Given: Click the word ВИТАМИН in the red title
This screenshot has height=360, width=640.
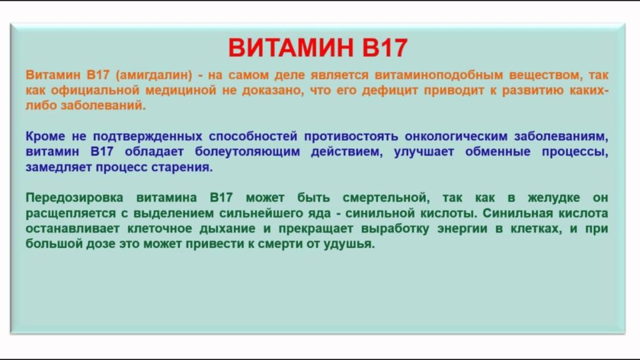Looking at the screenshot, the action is click(291, 47).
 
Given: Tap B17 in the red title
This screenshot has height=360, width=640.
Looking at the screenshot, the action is click(385, 47).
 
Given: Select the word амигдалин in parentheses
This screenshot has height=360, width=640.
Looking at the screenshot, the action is click(154, 75).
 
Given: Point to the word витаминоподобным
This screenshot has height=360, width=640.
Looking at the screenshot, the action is click(439, 75).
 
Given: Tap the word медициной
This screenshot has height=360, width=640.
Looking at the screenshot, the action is click(181, 90).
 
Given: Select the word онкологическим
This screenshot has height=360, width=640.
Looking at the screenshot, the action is click(456, 136).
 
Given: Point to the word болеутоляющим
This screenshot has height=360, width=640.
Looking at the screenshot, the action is click(247, 152).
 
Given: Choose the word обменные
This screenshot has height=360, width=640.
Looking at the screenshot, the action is click(497, 152).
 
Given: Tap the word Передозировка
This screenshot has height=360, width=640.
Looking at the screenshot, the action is click(74, 198).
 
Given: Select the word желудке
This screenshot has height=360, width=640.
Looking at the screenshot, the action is click(554, 198).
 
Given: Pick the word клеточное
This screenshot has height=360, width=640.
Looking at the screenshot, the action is click(159, 229).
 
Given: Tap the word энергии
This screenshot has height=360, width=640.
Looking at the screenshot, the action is click(462, 229).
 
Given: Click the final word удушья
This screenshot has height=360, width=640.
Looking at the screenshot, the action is click(349, 244).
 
